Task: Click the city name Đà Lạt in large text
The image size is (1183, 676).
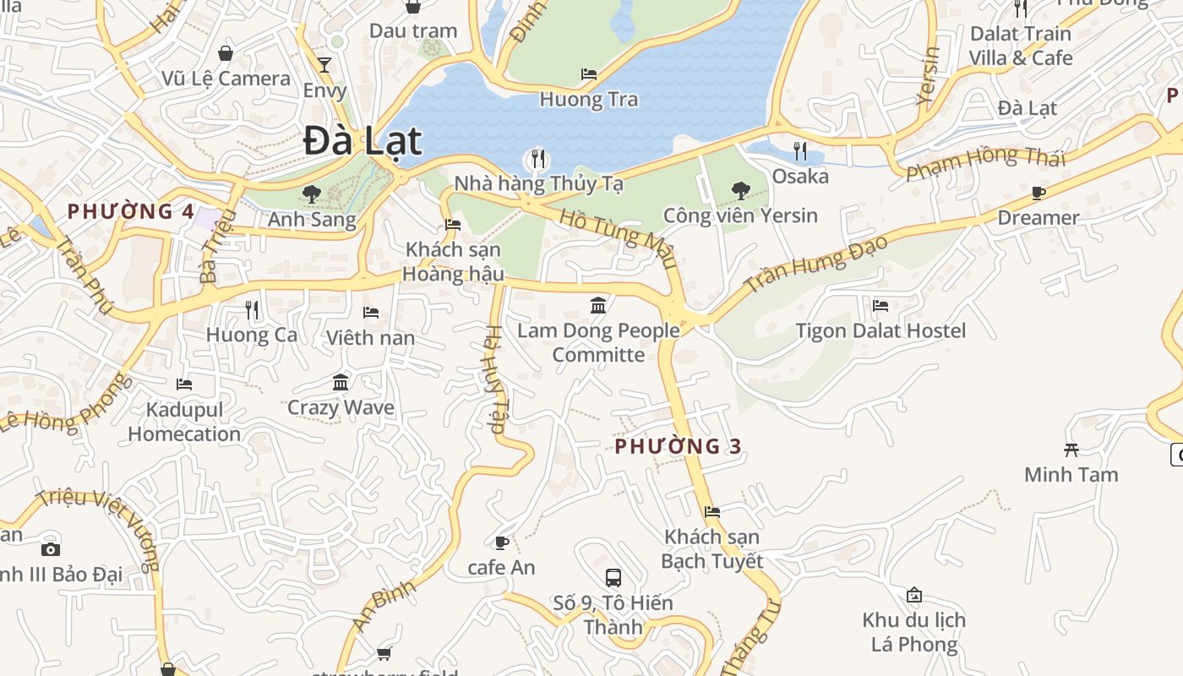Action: tap(363, 140)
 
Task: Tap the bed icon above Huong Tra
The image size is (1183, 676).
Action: tap(589, 74)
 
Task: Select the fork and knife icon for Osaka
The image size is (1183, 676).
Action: tap(799, 151)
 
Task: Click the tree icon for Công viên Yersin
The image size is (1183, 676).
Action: tap(740, 190)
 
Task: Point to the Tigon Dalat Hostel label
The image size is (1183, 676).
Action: tap(880, 330)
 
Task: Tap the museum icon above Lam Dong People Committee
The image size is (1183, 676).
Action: tap(598, 305)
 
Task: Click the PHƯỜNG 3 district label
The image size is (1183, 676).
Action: tap(679, 446)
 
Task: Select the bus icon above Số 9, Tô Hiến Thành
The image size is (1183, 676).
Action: tap(613, 578)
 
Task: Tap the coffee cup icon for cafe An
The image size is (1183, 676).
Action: tap(501, 542)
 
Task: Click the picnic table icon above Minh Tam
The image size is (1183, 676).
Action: tap(1071, 450)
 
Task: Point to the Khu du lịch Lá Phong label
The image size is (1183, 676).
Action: tap(913, 632)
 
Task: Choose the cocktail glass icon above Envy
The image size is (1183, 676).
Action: tap(324, 65)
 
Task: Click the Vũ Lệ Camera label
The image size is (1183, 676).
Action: tap(226, 79)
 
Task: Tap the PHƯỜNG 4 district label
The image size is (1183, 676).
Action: tap(131, 211)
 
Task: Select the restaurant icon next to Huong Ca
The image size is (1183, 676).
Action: tap(251, 310)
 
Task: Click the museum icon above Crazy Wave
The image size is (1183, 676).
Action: tap(341, 383)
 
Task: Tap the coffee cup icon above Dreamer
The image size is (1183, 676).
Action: tap(1039, 194)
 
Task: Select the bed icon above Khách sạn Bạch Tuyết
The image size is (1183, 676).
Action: tap(712, 512)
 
